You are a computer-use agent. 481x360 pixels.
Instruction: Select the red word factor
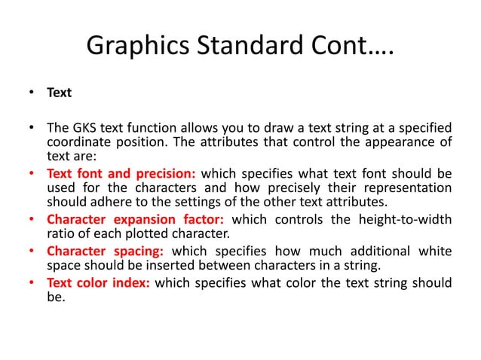[201, 219]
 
